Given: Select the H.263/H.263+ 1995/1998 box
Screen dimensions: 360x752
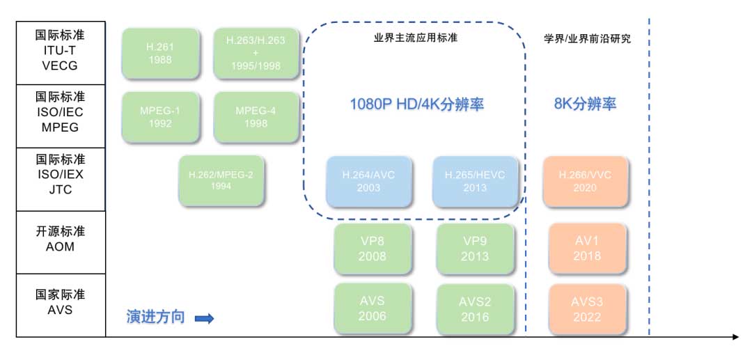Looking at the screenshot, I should [x=256, y=54].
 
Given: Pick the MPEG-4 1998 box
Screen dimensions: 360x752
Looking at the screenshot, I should [x=256, y=117].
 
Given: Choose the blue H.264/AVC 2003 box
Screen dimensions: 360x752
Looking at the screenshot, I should [x=370, y=182].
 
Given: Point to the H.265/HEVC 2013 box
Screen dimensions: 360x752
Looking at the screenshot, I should [x=475, y=182].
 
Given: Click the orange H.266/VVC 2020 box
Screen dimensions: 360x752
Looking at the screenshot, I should [x=585, y=182].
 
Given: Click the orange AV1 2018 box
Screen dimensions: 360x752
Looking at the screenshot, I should [x=586, y=249].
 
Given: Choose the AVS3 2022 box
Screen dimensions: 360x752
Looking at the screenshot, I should [x=586, y=308].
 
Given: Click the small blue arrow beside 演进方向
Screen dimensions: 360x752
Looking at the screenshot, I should [x=203, y=319].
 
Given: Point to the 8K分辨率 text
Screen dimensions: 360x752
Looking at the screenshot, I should [x=585, y=104].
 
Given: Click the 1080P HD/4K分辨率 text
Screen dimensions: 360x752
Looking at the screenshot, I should [x=416, y=104].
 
